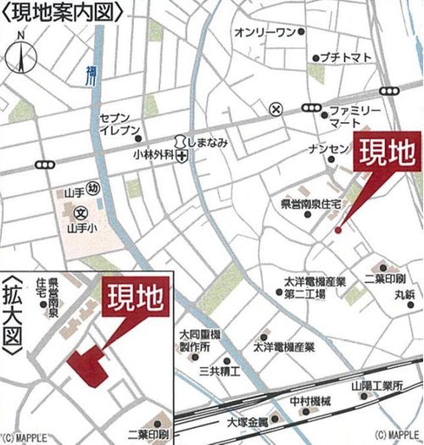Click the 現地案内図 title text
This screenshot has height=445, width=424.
click(x=64, y=11)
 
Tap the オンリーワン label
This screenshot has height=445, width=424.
click(x=263, y=32)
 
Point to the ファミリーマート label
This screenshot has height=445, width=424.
click(x=351, y=117)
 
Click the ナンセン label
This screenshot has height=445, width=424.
click(x=328, y=149)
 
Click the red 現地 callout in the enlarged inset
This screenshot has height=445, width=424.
click(x=135, y=298)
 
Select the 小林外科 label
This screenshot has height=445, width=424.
click(x=153, y=156)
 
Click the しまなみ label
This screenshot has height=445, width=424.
click(x=208, y=142)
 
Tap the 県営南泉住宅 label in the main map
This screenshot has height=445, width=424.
click(x=311, y=204)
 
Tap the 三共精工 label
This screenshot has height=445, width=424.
click(x=220, y=371)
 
